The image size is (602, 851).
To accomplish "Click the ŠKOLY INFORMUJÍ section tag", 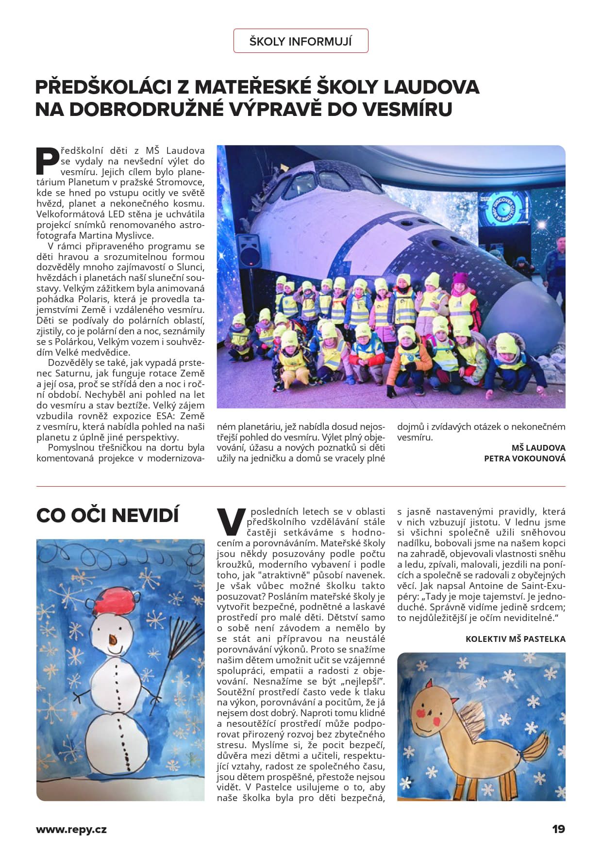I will tap(301, 41).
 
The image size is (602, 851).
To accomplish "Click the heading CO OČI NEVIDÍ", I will tap(107, 515).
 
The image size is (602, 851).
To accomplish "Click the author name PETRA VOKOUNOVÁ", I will tap(524, 458).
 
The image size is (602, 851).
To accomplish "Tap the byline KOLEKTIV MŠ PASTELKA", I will tap(515, 639).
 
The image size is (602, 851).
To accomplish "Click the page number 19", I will tap(558, 829).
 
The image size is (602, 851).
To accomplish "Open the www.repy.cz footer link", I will tap(71, 830).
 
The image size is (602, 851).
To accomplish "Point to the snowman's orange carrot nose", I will tap(113, 639).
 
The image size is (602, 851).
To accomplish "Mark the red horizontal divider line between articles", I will tap(301, 486).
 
